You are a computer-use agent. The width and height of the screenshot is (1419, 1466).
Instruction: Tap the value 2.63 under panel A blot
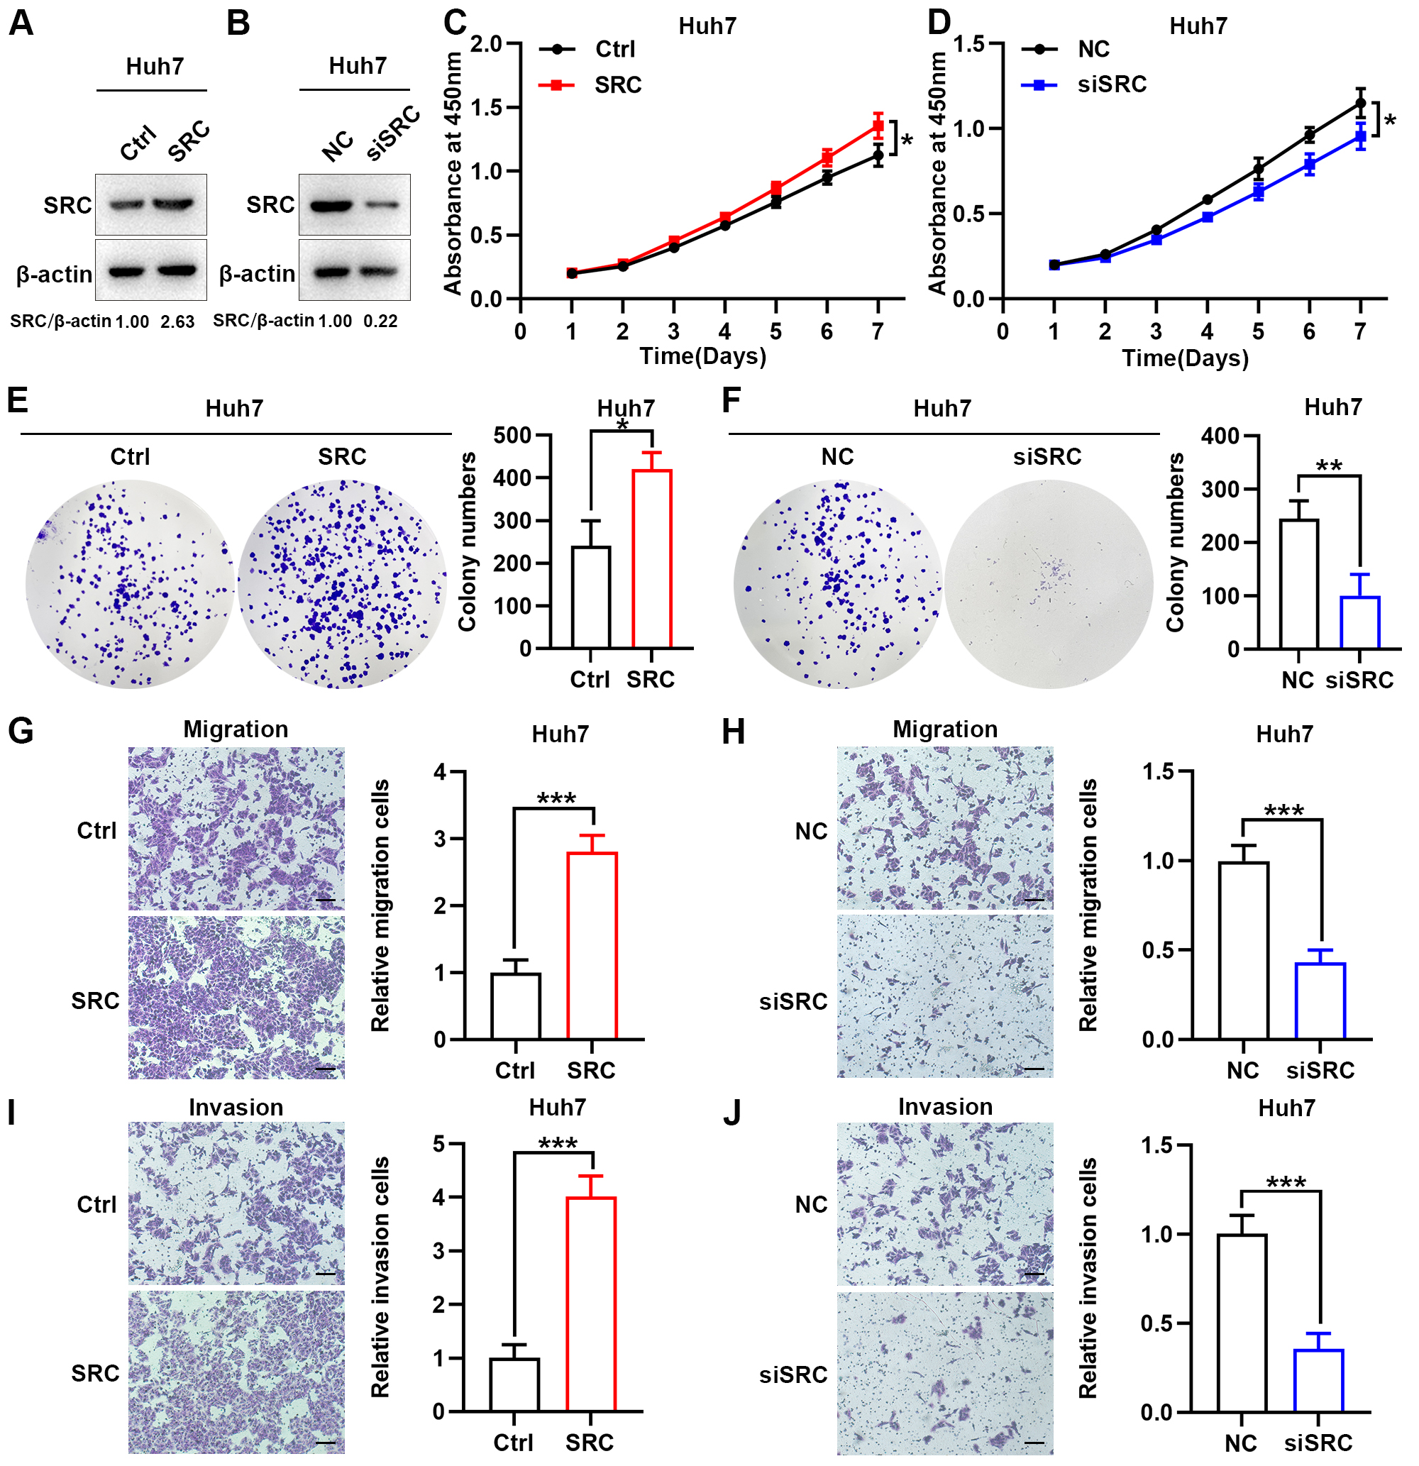(177, 321)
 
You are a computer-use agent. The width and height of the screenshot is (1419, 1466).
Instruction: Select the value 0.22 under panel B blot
(381, 321)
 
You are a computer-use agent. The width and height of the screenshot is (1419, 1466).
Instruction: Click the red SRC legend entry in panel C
(591, 85)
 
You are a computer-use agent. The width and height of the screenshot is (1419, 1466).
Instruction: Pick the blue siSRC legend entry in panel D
(1085, 84)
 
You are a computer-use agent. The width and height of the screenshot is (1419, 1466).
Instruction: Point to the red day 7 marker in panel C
(878, 126)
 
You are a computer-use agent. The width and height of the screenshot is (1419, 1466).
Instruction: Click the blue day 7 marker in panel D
(1360, 137)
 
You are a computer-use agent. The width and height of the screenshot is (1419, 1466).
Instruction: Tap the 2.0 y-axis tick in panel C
(486, 44)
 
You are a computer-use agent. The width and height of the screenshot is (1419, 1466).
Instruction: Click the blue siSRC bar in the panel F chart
(1359, 622)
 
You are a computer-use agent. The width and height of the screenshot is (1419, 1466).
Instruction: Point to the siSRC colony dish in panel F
(1049, 584)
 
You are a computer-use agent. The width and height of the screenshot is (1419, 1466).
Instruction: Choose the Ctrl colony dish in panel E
(129, 584)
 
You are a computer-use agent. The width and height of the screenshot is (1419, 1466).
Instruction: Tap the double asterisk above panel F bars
(1328, 465)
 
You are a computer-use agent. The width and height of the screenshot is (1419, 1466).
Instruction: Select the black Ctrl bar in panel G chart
(515, 1006)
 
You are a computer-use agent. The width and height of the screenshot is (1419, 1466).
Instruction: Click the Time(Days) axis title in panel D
(1185, 358)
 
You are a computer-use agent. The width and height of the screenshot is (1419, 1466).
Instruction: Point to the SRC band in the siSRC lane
(382, 205)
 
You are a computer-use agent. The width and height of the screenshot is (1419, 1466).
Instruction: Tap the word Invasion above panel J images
(945, 1107)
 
